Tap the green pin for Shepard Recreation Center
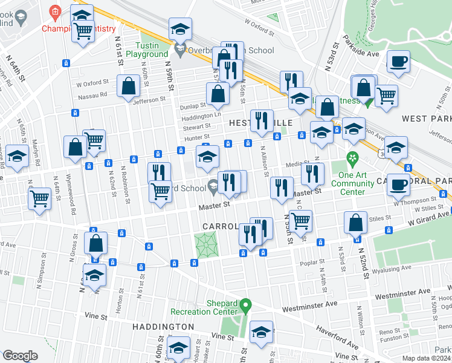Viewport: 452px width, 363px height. [x=244, y=304]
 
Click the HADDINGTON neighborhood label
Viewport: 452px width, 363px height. [x=163, y=327]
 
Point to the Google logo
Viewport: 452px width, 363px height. [x=19, y=356]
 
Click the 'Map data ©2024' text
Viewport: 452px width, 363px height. [x=425, y=358]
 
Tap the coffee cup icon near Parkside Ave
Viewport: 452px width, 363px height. [x=398, y=61]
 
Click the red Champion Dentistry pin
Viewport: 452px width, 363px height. [x=55, y=11]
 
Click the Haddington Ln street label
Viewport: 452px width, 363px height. [x=198, y=116]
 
